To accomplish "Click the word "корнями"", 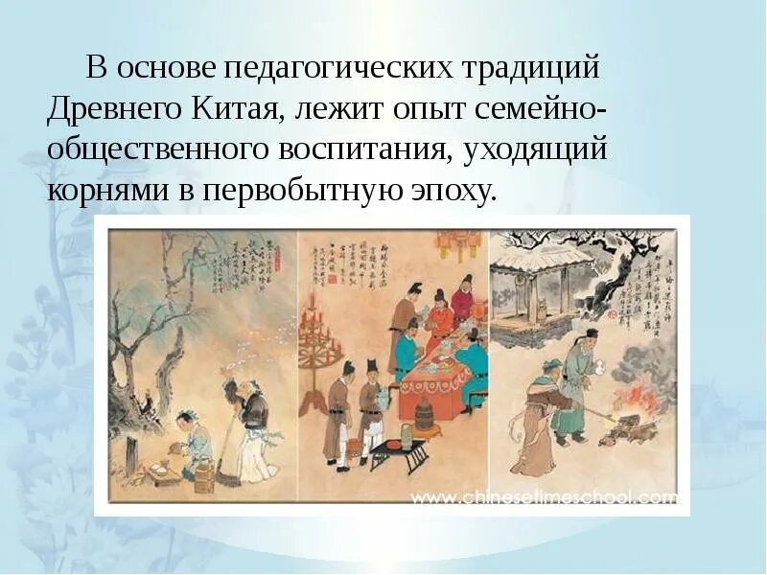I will (106, 189).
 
